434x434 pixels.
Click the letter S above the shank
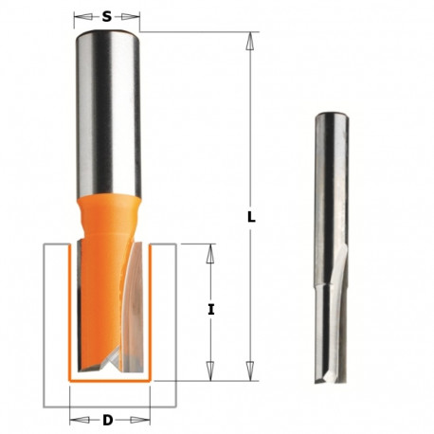coord(107,16)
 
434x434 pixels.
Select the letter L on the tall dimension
coord(250,216)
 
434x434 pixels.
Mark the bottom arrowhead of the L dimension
coord(250,372)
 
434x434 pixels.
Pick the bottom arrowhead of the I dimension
coord(211,372)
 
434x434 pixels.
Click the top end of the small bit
coord(328,116)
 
